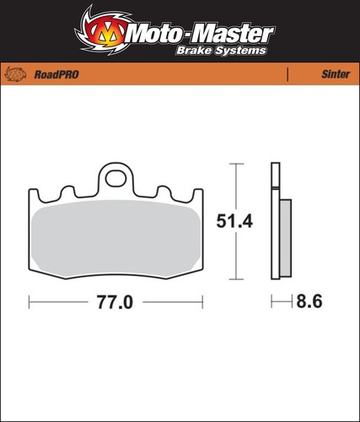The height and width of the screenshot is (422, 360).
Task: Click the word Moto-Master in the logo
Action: [201, 34]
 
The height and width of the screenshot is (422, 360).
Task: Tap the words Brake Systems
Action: [221, 51]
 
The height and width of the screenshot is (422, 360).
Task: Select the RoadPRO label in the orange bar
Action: [56, 74]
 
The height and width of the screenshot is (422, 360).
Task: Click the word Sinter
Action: [336, 74]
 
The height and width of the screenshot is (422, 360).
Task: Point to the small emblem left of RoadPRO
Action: [15, 74]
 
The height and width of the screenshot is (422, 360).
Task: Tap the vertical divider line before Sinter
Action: [287, 74]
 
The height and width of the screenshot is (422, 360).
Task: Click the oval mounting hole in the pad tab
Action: [116, 178]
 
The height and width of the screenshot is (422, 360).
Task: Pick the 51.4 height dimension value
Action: [234, 221]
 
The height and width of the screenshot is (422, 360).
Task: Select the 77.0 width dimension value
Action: [115, 302]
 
